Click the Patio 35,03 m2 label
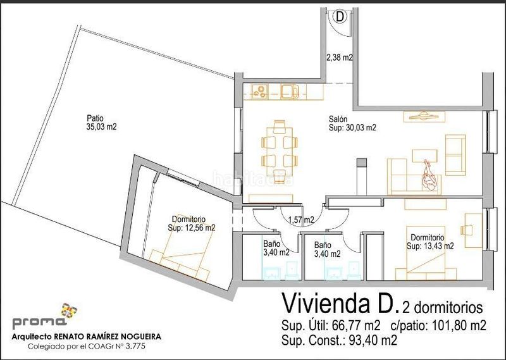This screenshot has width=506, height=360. point(101,122)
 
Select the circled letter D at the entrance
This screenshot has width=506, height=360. point(340,16)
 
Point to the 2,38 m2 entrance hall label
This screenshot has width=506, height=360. point(340,58)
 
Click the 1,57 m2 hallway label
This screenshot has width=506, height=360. point(301,220)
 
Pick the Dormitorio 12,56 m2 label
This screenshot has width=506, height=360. point(192,224)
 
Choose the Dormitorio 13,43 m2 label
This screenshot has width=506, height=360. point(430,242)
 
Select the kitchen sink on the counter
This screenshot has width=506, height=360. point(290,91)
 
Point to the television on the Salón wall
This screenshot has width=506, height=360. point(424,116)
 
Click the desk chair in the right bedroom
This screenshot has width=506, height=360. point(466,230)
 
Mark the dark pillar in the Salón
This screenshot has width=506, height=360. point(361,163)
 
